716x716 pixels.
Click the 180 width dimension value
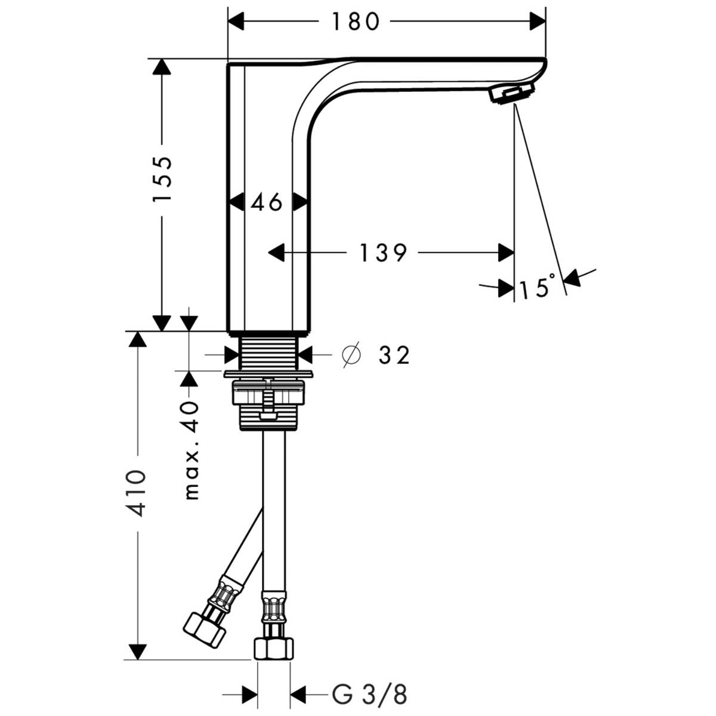click(x=356, y=22)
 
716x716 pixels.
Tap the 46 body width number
click(x=267, y=203)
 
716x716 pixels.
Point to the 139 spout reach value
click(x=382, y=253)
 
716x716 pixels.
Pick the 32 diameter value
click(x=394, y=356)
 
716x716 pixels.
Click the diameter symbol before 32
click(x=351, y=356)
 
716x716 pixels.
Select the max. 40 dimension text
click(x=191, y=450)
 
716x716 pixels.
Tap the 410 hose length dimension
click(x=137, y=493)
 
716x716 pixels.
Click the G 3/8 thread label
click(x=369, y=695)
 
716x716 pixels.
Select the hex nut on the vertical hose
click(x=274, y=648)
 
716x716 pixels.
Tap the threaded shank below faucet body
click(x=269, y=352)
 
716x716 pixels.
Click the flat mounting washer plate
click(x=269, y=374)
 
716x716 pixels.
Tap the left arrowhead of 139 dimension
click(x=276, y=253)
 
